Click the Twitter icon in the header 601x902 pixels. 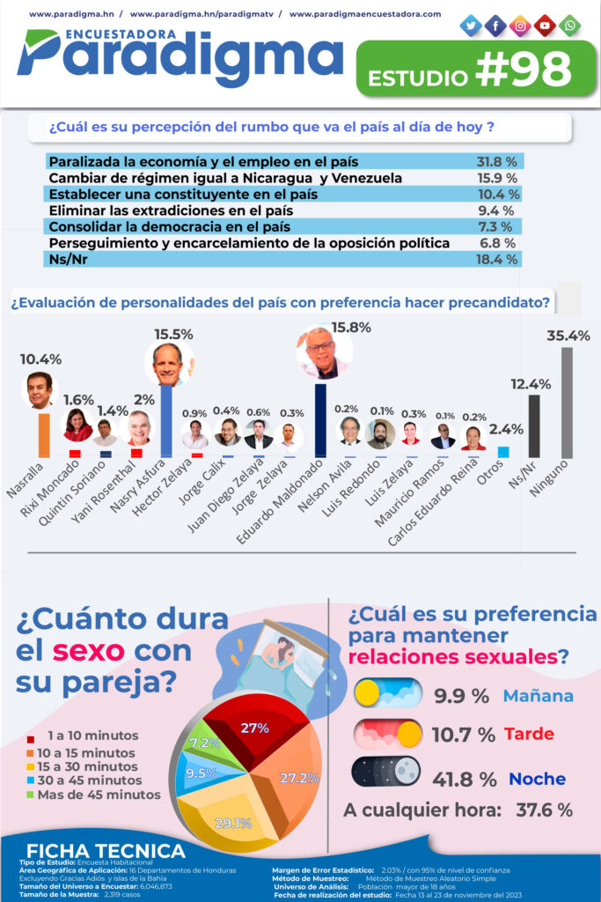point(472,26)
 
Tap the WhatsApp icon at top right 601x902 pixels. point(570,26)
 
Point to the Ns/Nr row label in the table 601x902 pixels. point(67,259)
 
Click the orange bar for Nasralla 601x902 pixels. point(43,434)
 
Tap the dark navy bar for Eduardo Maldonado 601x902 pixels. point(320,420)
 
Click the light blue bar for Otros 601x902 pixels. point(503,452)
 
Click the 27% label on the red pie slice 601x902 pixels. point(254,728)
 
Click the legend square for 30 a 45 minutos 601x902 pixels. point(32,780)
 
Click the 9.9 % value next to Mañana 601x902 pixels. point(461,696)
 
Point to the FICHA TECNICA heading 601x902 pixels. point(102,851)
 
